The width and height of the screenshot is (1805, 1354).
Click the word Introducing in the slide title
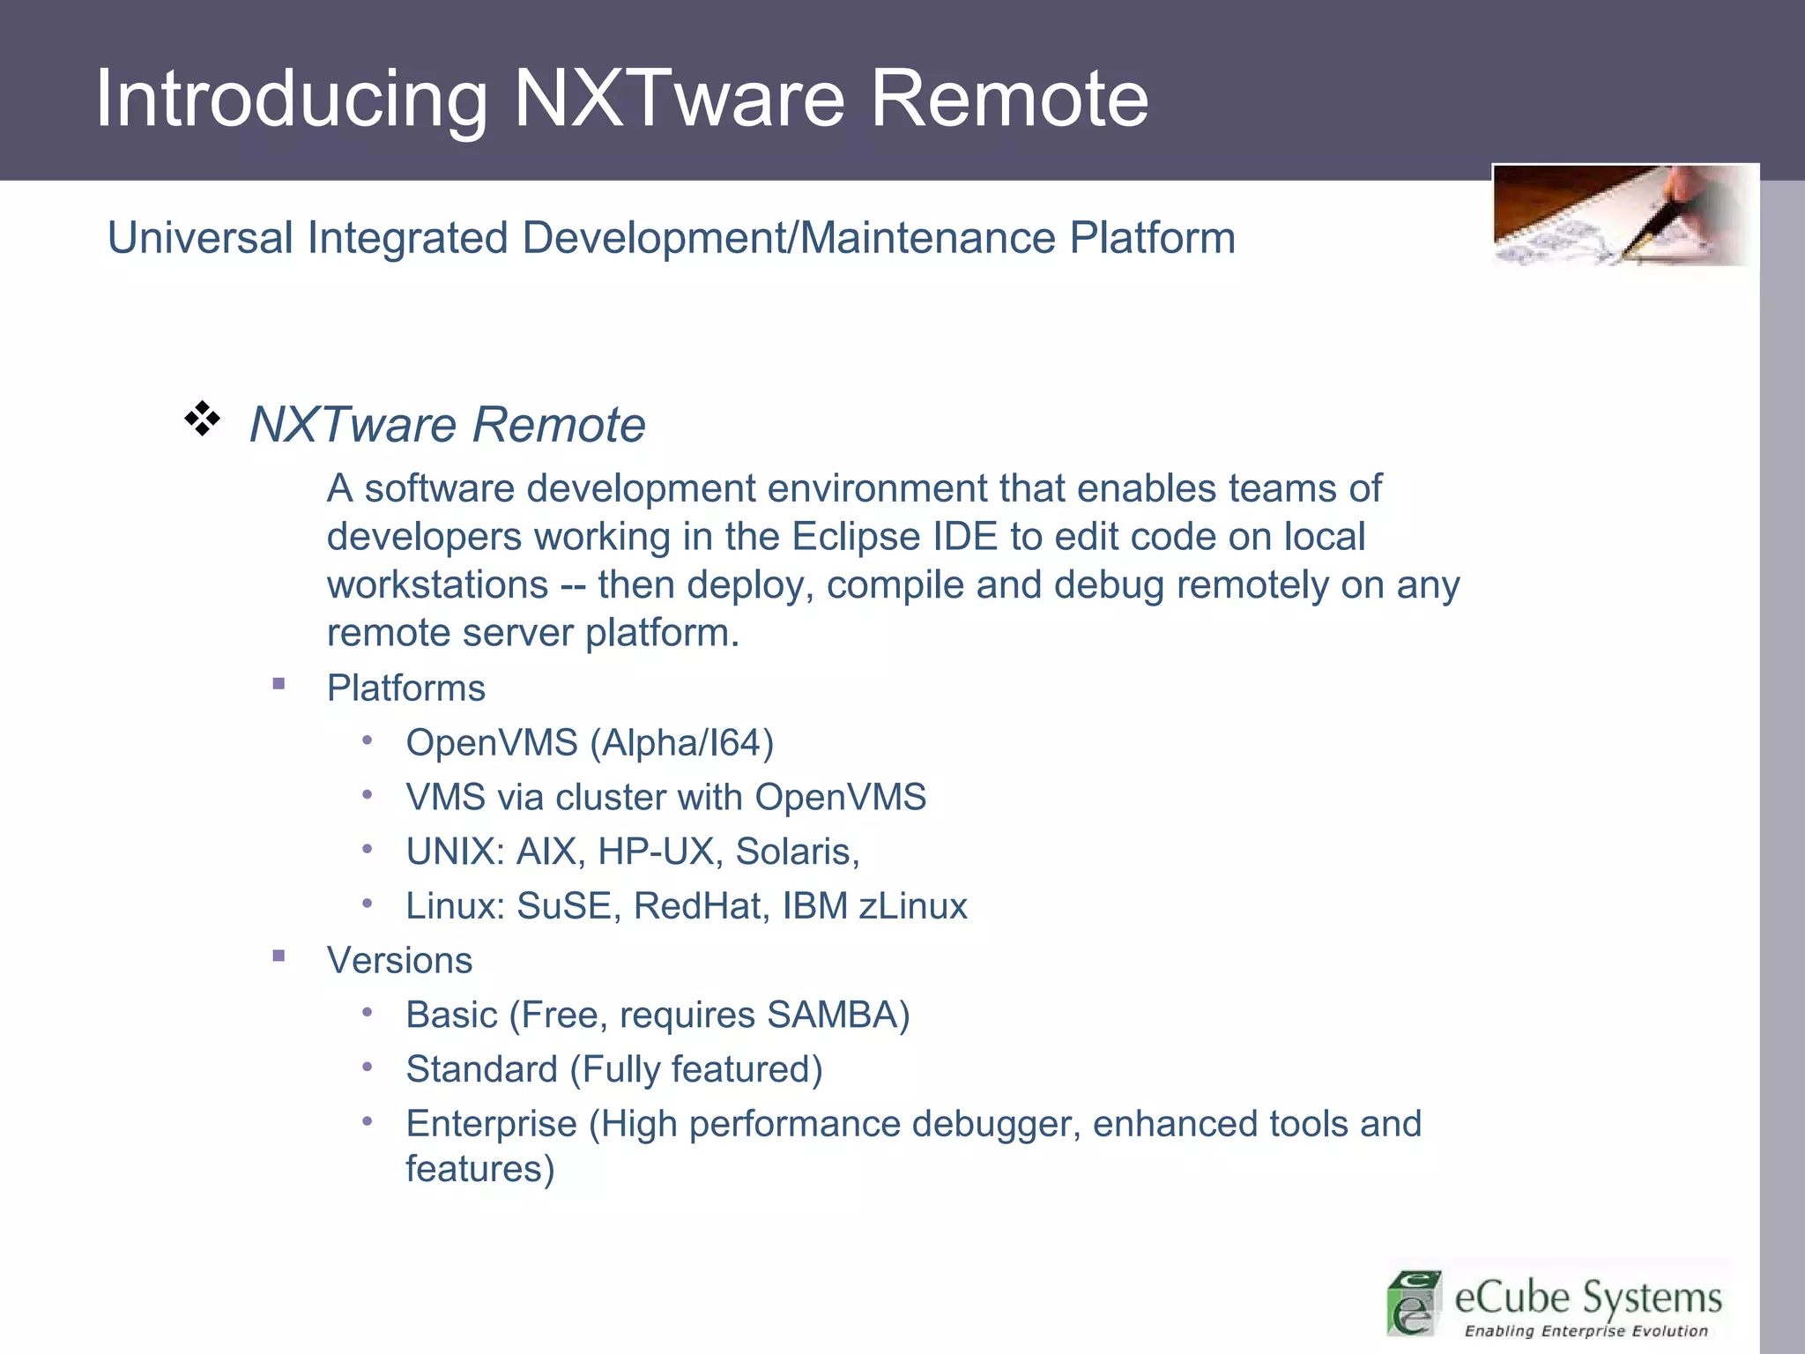(x=291, y=99)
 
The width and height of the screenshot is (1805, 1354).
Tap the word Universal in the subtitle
(x=200, y=238)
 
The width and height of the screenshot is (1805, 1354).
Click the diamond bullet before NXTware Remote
(x=203, y=419)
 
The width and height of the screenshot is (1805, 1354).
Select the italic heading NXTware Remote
(x=448, y=425)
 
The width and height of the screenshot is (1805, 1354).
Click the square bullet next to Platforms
(x=279, y=683)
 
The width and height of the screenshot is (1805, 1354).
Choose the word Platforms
(x=405, y=688)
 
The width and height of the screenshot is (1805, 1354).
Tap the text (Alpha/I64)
(x=681, y=743)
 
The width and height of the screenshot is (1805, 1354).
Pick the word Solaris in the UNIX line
(x=793, y=852)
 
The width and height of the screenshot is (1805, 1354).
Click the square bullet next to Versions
(x=279, y=956)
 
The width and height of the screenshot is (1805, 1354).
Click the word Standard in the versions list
(x=481, y=1070)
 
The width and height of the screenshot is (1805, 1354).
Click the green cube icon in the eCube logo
(x=1414, y=1302)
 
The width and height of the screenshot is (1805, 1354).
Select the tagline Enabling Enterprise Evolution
(x=1586, y=1331)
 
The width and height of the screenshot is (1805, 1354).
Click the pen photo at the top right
(x=1623, y=216)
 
